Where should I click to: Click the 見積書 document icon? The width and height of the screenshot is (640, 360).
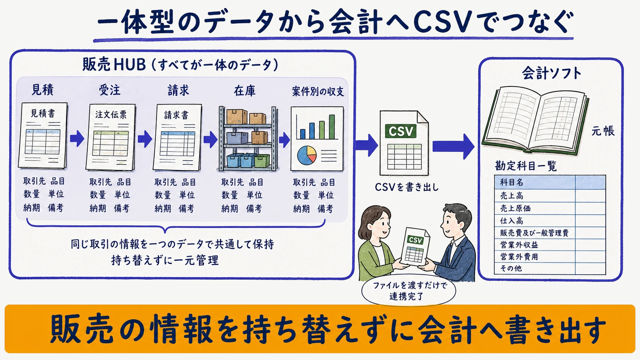(43, 135)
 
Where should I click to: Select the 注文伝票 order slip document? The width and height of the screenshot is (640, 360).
(111, 137)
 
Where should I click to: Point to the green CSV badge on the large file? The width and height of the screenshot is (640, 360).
(400, 131)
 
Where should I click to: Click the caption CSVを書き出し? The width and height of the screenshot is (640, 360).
(407, 187)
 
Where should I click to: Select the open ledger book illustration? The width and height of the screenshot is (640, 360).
(535, 121)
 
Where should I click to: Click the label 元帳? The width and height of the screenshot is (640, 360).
(603, 131)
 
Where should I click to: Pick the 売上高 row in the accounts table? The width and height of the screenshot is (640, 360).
(550, 195)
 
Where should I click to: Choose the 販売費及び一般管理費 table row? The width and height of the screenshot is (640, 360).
(550, 233)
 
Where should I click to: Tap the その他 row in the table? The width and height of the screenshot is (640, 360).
(550, 268)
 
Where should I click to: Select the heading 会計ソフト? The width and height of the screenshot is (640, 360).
(552, 73)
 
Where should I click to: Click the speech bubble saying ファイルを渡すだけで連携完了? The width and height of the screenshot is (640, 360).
(408, 290)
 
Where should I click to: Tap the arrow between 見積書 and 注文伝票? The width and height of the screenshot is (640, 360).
(77, 139)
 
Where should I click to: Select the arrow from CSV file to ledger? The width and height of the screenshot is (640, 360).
(454, 147)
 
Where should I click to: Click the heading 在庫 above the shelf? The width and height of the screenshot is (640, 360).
(245, 91)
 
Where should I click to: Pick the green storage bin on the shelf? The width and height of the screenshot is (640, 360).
(262, 160)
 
